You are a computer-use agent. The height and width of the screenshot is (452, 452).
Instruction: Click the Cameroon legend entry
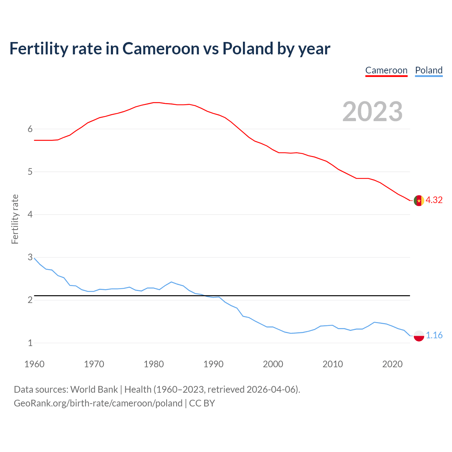tap(386, 70)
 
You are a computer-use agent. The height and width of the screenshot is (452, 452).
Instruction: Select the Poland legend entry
tap(429, 70)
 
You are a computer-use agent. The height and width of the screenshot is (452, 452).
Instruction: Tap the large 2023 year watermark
tap(373, 112)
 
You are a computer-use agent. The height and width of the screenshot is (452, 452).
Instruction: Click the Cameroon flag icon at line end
tap(419, 201)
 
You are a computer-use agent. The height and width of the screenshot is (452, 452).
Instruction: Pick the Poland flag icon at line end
tap(419, 335)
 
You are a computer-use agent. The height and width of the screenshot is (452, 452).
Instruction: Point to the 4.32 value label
tap(434, 200)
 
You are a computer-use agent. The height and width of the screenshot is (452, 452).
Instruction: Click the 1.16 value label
tap(434, 335)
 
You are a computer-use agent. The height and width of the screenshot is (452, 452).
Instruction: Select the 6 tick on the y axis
tap(30, 129)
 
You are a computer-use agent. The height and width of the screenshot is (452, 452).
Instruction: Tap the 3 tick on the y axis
tap(30, 257)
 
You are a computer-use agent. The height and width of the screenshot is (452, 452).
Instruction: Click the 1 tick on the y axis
tap(30, 343)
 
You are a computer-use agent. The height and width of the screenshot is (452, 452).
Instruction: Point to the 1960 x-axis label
tap(34, 364)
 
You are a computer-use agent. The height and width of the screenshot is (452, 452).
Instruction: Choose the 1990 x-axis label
tap(213, 364)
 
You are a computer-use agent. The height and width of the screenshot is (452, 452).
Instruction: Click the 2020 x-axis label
tap(392, 364)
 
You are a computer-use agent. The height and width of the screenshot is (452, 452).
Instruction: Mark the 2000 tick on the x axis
tap(273, 364)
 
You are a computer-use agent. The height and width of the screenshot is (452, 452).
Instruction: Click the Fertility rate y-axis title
tap(15, 219)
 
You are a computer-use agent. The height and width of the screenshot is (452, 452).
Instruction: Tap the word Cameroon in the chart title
tap(161, 48)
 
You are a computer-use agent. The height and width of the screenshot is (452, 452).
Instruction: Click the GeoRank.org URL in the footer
tap(98, 403)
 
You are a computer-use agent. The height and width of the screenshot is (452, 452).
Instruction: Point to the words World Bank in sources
tap(94, 389)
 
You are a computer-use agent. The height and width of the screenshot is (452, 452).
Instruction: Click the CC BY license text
tap(202, 403)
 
